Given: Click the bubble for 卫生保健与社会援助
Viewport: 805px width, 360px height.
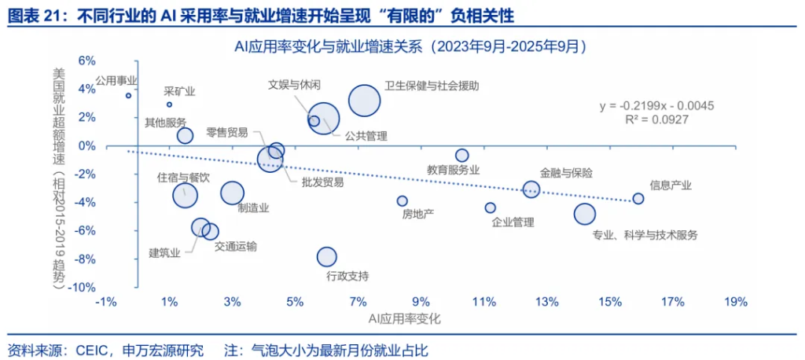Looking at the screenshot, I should (x=364, y=101).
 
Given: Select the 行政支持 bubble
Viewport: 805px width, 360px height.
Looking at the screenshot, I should (x=326, y=256).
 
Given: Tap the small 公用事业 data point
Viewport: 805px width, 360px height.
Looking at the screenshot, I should (x=128, y=96).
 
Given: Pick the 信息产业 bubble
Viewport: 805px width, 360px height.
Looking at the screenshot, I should (x=638, y=199).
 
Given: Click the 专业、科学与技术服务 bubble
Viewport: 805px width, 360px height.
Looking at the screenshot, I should (x=584, y=214).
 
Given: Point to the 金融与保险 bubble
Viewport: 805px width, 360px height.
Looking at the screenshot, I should (x=531, y=189).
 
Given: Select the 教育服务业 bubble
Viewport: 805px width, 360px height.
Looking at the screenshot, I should (x=462, y=156).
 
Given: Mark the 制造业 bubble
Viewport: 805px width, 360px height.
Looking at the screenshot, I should (x=232, y=193).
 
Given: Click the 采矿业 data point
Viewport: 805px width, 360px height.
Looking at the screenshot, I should (x=169, y=105).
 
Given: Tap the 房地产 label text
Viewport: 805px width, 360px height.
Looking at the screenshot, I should (x=417, y=214).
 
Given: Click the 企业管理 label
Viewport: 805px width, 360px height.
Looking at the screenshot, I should (x=513, y=222).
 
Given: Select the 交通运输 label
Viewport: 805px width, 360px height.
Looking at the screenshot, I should (x=235, y=246).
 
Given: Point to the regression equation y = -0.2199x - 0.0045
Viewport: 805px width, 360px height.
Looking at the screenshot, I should (x=656, y=105).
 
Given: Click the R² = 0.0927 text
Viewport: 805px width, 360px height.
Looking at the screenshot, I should (x=656, y=119).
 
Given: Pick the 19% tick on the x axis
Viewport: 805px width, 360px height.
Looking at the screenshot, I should (x=735, y=302).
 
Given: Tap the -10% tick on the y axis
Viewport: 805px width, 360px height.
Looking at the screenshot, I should (x=83, y=288).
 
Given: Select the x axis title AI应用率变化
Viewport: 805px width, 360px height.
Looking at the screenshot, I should (x=404, y=319).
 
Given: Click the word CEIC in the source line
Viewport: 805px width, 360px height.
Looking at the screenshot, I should (x=92, y=349).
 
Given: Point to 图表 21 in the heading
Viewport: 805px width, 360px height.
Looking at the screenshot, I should (x=33, y=14).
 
